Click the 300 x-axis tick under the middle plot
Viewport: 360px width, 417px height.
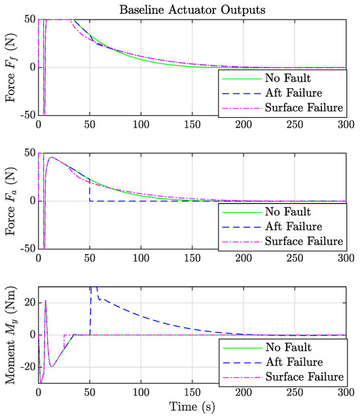(346, 259)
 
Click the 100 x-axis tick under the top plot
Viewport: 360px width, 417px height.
(141, 124)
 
